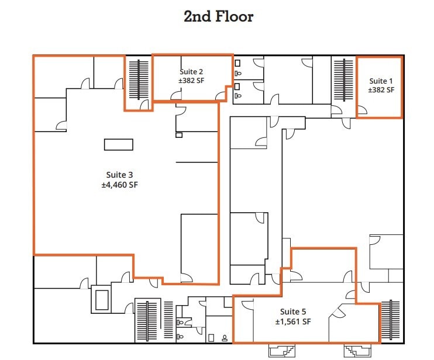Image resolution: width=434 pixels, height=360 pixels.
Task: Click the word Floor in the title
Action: point(234,16)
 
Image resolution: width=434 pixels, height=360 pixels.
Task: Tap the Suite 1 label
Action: point(381,81)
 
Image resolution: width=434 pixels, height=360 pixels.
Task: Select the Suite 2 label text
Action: point(191,71)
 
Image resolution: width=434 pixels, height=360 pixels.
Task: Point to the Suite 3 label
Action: point(119,175)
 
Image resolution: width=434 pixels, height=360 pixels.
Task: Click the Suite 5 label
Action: point(293,311)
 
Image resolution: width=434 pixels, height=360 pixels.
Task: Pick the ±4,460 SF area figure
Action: point(119,185)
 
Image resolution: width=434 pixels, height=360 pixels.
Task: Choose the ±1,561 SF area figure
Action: point(293,322)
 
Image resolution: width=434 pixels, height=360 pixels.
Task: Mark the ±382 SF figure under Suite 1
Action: point(381,90)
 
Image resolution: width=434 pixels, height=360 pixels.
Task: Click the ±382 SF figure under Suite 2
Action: point(191,81)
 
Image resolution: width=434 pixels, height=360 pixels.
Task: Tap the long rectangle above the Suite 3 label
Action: point(119,144)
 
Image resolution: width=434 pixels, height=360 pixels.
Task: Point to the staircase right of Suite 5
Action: point(390,320)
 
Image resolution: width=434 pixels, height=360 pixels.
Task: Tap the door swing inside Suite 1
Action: point(363,109)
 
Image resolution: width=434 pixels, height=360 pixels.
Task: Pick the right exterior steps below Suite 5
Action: point(357,350)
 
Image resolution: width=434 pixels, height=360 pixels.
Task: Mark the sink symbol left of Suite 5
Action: point(225,338)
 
